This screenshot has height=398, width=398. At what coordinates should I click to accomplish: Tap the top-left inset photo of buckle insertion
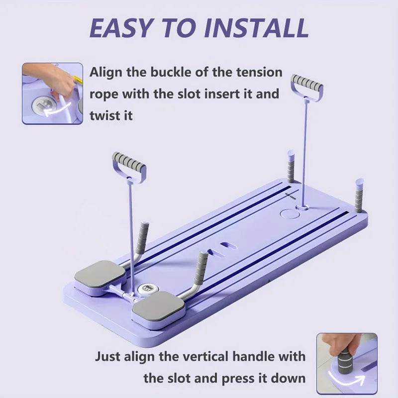(x=52, y=93)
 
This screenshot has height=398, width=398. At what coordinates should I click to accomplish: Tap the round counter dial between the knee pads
(x=148, y=289)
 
